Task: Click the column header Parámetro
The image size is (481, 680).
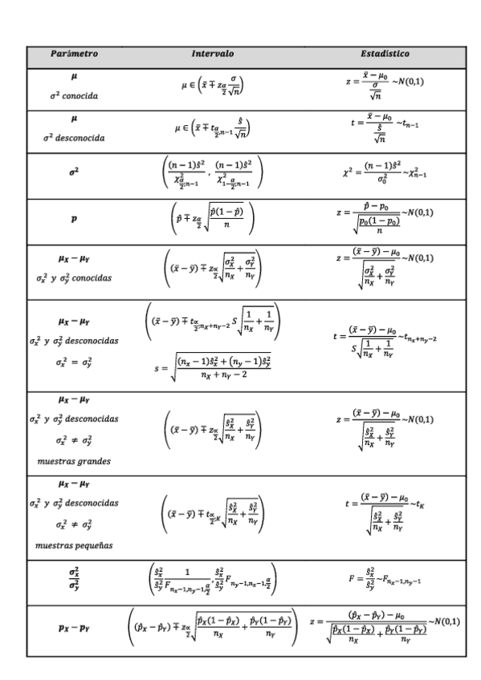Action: coord(74,55)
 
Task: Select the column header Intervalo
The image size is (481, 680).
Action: coord(212,55)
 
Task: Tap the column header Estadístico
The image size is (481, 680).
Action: coord(385,55)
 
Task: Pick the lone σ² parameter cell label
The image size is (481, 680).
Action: coord(73,172)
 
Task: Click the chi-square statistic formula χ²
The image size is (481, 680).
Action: coord(385,172)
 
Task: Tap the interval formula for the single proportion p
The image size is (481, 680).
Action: coord(213,217)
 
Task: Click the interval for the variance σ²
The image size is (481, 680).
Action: coord(213,172)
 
